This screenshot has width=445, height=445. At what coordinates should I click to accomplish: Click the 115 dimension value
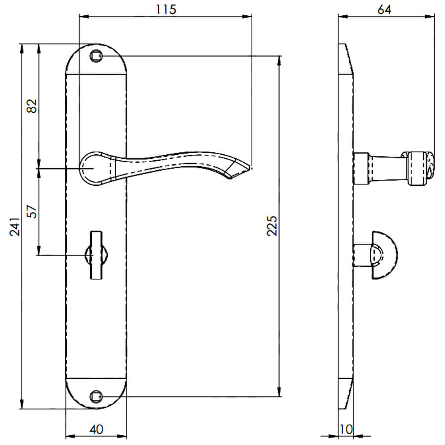[x=166, y=9]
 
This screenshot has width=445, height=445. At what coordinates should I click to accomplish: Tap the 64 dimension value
[x=385, y=9]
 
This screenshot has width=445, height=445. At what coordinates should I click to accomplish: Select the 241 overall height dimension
[x=15, y=227]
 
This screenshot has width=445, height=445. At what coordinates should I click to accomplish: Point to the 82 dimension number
[x=32, y=106]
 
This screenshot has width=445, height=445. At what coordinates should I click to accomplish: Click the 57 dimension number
[x=32, y=212]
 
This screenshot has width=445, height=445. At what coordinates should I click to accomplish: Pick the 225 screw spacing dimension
[x=272, y=226]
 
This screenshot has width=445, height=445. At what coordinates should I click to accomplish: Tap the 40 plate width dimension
[x=96, y=429]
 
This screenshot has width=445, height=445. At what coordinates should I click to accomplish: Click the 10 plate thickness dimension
[x=346, y=429]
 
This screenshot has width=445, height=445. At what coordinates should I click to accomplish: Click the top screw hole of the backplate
[x=96, y=56]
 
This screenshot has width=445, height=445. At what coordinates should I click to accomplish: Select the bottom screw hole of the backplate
[x=96, y=397]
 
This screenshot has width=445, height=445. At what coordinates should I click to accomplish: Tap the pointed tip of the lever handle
[x=251, y=168]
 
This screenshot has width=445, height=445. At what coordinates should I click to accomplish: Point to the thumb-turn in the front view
[x=96, y=255]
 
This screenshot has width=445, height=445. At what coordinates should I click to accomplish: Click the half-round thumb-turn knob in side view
[x=384, y=255]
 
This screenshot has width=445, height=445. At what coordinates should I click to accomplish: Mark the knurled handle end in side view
[x=421, y=169]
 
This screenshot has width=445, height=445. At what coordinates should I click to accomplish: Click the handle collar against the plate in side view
[x=361, y=168]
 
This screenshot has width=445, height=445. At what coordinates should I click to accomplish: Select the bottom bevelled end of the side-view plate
[x=346, y=394]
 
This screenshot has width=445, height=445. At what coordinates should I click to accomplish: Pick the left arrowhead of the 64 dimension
[x=343, y=17]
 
